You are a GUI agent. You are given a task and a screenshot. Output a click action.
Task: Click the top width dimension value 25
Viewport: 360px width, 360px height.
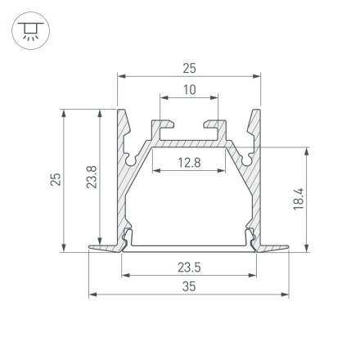pos(190,68)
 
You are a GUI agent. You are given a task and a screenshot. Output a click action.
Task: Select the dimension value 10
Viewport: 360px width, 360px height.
pos(190,90)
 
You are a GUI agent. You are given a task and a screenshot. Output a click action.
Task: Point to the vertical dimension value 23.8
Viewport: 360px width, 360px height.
pos(92,179)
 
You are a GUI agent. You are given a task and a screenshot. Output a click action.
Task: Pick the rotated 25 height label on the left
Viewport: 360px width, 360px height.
pos(55,179)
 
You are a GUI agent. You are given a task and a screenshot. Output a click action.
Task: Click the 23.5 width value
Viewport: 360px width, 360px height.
pos(190,266)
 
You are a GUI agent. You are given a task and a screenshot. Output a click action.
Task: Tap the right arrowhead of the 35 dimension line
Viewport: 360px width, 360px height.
pos(288,294)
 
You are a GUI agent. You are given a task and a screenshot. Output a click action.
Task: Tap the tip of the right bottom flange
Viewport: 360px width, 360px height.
pos(290,248)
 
